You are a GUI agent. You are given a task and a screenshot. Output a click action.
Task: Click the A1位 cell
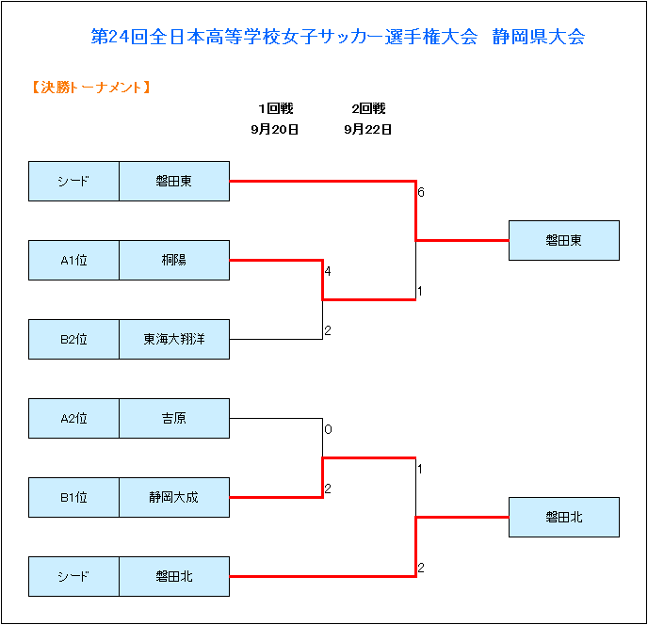pyautogui.click(x=73, y=260)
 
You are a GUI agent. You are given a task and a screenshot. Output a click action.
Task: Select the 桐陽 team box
pyautogui.click(x=174, y=260)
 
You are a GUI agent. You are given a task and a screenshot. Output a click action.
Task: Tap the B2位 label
pyautogui.click(x=73, y=339)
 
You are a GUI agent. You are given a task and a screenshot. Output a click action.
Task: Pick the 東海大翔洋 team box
pyautogui.click(x=174, y=339)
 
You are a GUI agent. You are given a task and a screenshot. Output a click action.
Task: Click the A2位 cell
pyautogui.click(x=73, y=419)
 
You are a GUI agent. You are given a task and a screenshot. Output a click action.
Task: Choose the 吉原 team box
pyautogui.click(x=174, y=419)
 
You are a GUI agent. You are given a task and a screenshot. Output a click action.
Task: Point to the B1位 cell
pyautogui.click(x=73, y=497)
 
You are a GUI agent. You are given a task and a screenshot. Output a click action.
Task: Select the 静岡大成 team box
pyautogui.click(x=174, y=497)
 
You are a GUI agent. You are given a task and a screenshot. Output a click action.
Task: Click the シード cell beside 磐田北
pyautogui.click(x=73, y=576)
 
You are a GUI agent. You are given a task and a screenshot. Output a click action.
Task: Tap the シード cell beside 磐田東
pyautogui.click(x=73, y=182)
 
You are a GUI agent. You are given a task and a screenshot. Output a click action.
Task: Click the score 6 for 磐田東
pyautogui.click(x=421, y=192)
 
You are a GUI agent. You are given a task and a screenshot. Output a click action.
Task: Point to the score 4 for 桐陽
pyautogui.click(x=328, y=271)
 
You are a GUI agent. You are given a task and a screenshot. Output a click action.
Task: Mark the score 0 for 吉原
pyautogui.click(x=328, y=429)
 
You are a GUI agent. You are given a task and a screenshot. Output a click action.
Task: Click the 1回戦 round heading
pyautogui.click(x=276, y=108)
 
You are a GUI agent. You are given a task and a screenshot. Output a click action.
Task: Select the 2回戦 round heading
pyautogui.click(x=368, y=108)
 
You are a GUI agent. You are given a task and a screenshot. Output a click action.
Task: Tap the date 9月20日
pyautogui.click(x=274, y=130)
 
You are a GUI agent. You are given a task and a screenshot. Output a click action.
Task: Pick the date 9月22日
pyautogui.click(x=368, y=130)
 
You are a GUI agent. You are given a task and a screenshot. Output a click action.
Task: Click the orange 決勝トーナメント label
pyautogui.click(x=91, y=88)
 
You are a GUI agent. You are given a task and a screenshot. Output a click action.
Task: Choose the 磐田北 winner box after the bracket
pyautogui.click(x=563, y=517)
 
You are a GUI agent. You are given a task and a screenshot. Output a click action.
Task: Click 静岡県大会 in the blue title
pyautogui.click(x=539, y=37)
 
